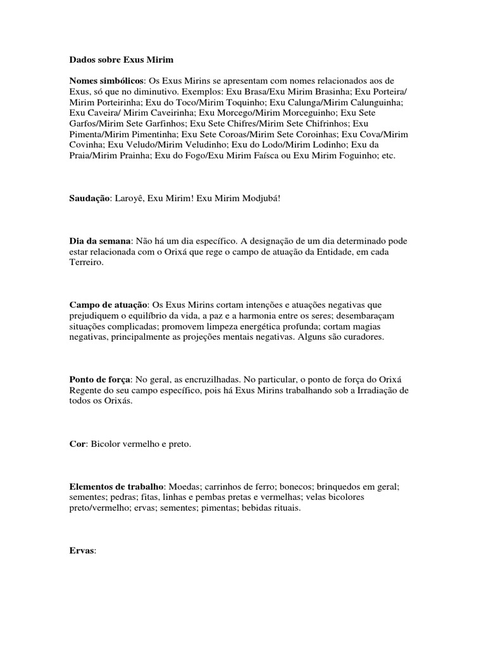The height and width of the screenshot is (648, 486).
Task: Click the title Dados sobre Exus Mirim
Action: pyautogui.click(x=121, y=60)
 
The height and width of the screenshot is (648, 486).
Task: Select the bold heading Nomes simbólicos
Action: pyautogui.click(x=108, y=81)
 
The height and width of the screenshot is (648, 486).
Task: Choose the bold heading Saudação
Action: pyautogui.click(x=90, y=198)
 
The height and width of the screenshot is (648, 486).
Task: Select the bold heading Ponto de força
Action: pyautogui.click(x=100, y=380)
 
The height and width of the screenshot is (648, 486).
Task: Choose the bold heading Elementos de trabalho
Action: pyautogui.click(x=117, y=487)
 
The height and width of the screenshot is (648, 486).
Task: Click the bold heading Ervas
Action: pyautogui.click(x=82, y=551)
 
